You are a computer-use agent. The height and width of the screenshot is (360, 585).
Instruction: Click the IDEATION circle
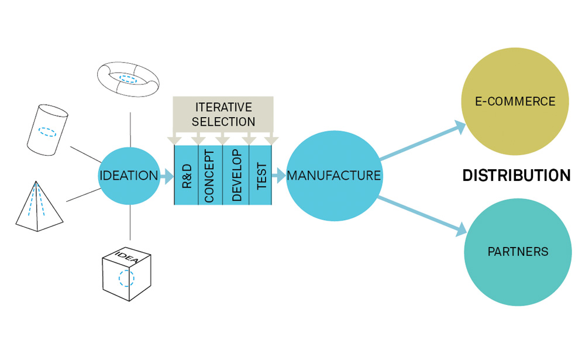(129, 176)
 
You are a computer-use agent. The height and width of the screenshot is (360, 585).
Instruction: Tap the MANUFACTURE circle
(334, 175)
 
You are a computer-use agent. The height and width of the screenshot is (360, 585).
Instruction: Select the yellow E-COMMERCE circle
(515, 101)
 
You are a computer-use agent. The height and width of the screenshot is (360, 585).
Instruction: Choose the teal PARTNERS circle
(518, 252)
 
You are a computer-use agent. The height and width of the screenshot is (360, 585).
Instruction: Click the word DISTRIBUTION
(516, 176)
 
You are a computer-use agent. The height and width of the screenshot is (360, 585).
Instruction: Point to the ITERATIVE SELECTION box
(223, 114)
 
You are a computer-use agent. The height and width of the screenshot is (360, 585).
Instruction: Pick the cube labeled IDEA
(126, 275)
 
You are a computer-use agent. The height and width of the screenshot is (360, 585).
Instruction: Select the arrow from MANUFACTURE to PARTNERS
(422, 214)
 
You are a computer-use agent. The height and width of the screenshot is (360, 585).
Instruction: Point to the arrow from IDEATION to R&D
(167, 176)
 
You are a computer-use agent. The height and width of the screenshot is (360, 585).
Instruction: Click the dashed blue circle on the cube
(126, 279)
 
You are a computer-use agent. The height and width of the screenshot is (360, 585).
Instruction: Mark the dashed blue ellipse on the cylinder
(47, 132)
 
